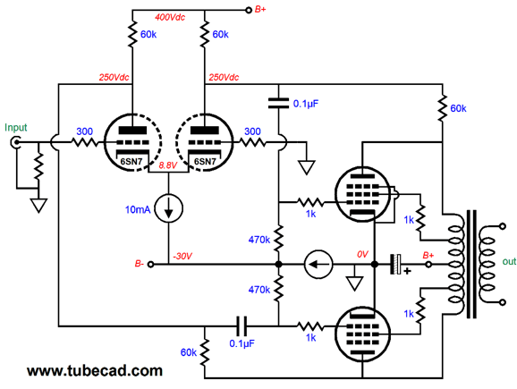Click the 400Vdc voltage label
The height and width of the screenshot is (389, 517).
[x=170, y=17]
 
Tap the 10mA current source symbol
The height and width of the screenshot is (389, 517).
[x=168, y=208]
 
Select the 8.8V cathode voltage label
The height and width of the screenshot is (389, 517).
[x=168, y=165]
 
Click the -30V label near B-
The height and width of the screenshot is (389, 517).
[x=182, y=256]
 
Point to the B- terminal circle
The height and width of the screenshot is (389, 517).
[x=150, y=265]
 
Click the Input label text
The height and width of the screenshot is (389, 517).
[x=16, y=128]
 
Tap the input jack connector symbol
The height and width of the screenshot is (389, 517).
[x=15, y=143]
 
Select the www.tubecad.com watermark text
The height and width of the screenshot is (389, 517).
[x=95, y=371]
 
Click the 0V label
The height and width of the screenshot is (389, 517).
[x=362, y=254]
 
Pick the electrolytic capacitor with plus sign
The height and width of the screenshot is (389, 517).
[x=396, y=264]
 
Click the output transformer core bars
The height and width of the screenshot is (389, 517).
[x=471, y=264]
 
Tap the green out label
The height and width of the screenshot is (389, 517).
[x=509, y=261]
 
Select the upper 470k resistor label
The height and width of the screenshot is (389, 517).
[x=259, y=240]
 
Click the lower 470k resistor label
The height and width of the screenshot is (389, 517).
[x=259, y=290]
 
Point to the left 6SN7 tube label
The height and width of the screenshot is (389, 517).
[x=131, y=161]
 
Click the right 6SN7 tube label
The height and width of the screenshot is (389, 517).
[x=205, y=161]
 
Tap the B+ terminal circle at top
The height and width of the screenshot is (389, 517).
[x=249, y=10]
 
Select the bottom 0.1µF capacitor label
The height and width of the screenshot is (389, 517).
[x=242, y=343]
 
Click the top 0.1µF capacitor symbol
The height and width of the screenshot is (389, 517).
[x=278, y=103]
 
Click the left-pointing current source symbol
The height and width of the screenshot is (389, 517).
[x=318, y=265]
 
